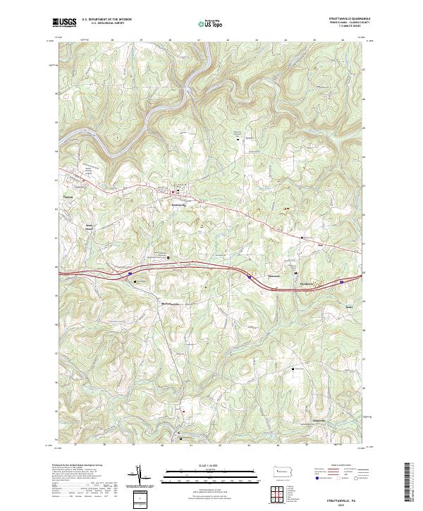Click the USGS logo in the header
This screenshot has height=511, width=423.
point(64,23)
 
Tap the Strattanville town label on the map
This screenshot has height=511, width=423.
point(178,205)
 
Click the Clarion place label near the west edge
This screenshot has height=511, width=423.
point(68,197)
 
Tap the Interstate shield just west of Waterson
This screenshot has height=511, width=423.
point(248,278)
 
